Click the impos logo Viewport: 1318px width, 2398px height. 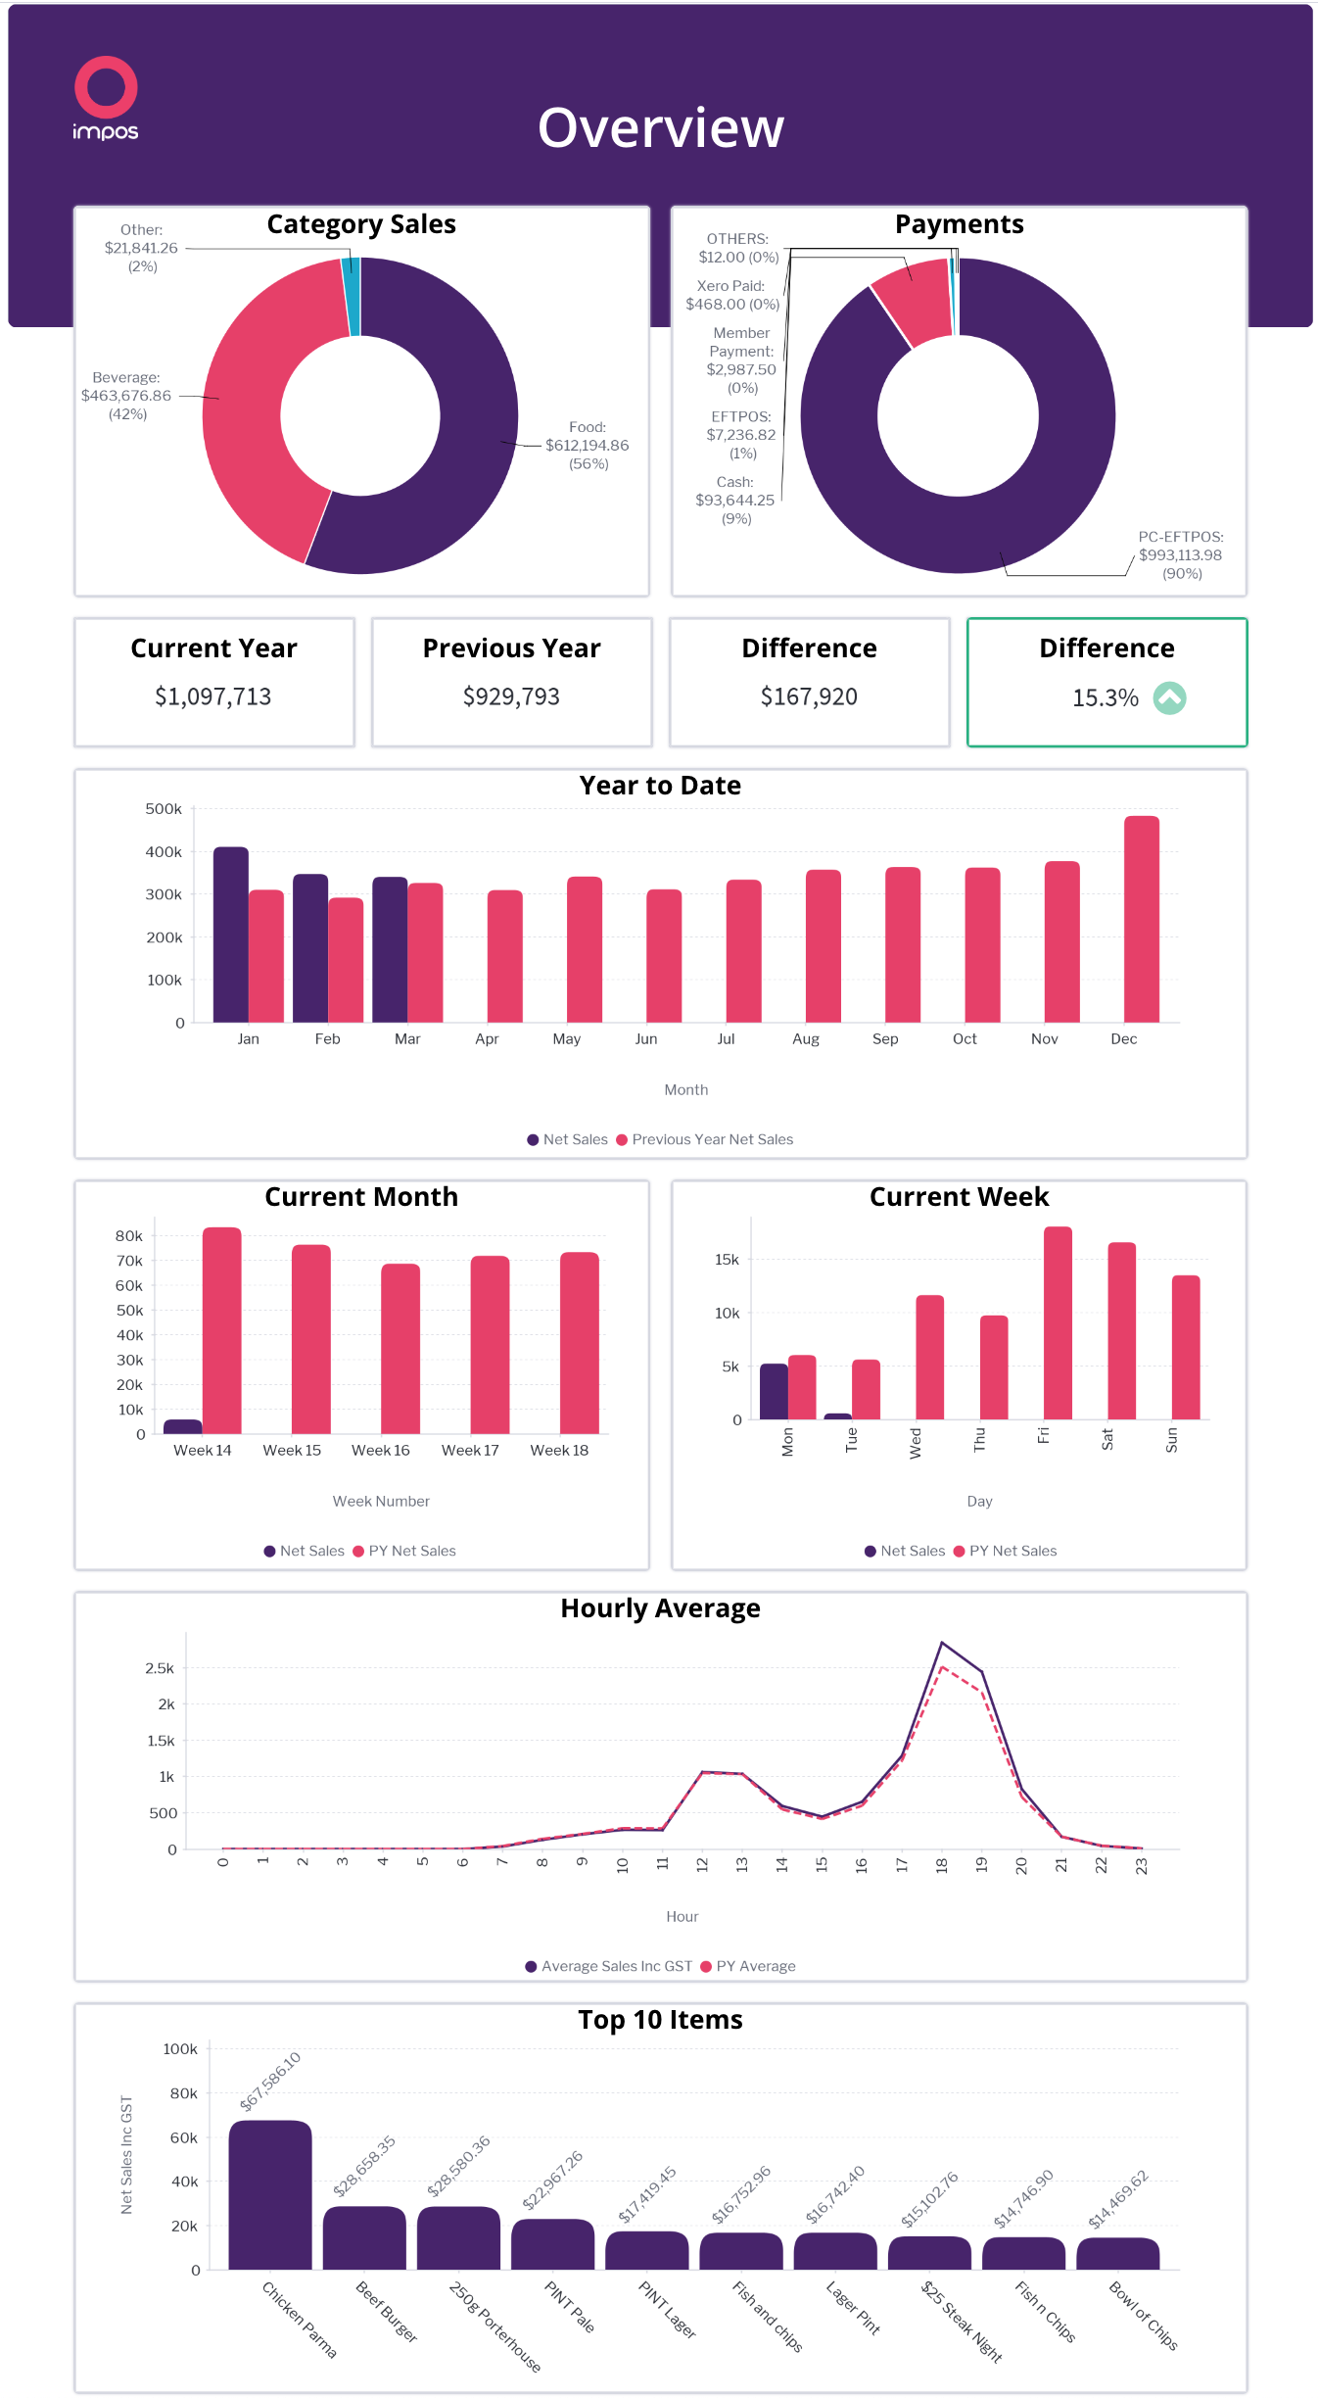(x=106, y=98)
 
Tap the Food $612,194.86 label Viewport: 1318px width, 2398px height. (x=587, y=446)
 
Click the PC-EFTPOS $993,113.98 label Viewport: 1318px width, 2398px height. (x=1180, y=555)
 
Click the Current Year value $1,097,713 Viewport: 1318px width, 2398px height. (x=212, y=697)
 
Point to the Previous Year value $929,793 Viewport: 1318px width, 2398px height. (x=511, y=697)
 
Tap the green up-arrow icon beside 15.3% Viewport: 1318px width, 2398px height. (x=1169, y=698)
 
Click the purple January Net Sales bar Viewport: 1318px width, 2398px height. (x=231, y=935)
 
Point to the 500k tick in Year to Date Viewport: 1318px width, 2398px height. (x=164, y=809)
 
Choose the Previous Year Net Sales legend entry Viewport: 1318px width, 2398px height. (x=712, y=1139)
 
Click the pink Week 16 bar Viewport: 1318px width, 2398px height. (x=400, y=1349)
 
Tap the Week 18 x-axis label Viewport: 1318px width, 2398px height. (x=559, y=1451)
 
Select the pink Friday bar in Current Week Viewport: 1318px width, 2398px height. (x=1058, y=1322)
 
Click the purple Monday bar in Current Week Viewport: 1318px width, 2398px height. (x=774, y=1391)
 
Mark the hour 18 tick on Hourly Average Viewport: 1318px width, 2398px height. (x=942, y=1865)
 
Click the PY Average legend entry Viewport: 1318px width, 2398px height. (x=755, y=1966)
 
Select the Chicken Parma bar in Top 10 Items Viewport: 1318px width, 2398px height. (x=270, y=2194)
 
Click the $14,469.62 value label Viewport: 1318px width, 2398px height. (x=1118, y=2200)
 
